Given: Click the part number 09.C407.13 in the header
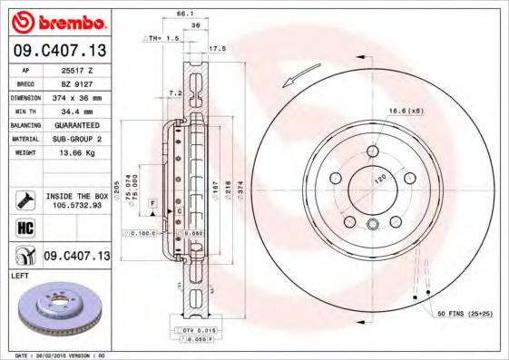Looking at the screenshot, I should click(x=60, y=50).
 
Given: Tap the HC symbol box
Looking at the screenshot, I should click(x=25, y=226).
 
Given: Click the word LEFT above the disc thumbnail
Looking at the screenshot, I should click(x=21, y=273).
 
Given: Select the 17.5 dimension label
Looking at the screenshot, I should click(x=217, y=48).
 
